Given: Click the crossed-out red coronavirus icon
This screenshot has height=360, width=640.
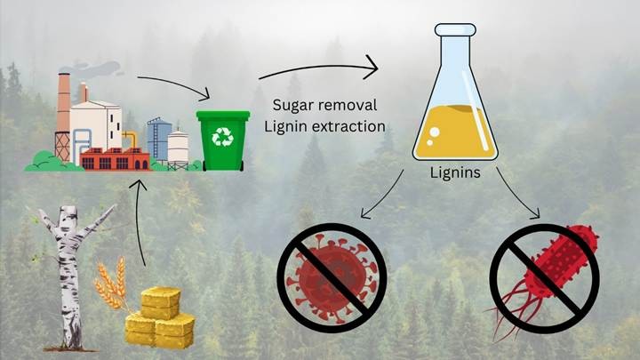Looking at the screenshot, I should [332, 277].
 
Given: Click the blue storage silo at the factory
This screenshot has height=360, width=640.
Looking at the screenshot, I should [158, 139].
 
